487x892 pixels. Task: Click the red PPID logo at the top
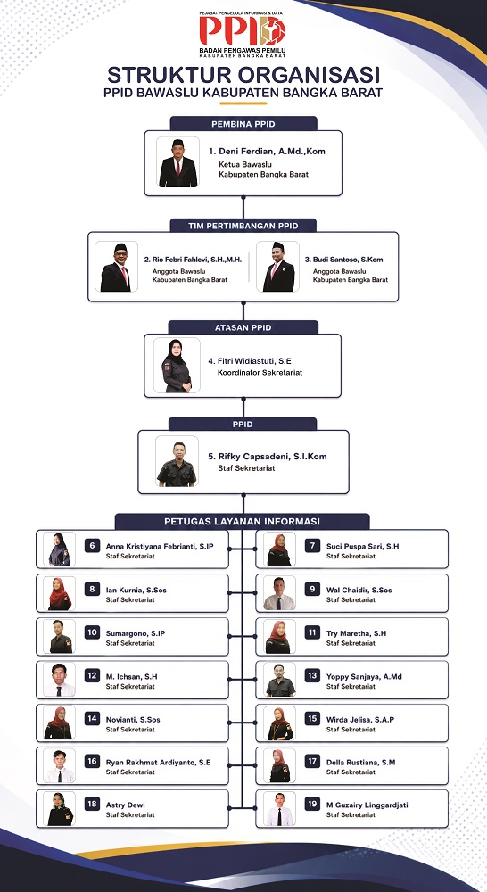point(243,30)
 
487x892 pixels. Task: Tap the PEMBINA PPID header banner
point(243,123)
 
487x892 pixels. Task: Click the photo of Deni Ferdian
point(178,162)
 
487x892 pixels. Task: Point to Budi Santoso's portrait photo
point(278,266)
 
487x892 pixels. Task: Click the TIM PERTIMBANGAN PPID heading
point(243,226)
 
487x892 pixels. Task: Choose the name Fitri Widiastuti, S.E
point(251,360)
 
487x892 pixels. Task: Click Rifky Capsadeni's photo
point(177,461)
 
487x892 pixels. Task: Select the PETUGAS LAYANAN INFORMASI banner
point(243,521)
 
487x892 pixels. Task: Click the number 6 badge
point(92,546)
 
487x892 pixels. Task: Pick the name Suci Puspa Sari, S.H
point(362,546)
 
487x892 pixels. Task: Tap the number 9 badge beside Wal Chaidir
point(312,590)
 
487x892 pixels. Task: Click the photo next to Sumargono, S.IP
point(59,636)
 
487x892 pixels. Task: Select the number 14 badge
point(92,718)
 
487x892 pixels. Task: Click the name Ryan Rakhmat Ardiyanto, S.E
point(158,763)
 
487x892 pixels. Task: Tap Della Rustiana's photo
point(279,765)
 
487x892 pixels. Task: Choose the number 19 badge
point(312,804)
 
